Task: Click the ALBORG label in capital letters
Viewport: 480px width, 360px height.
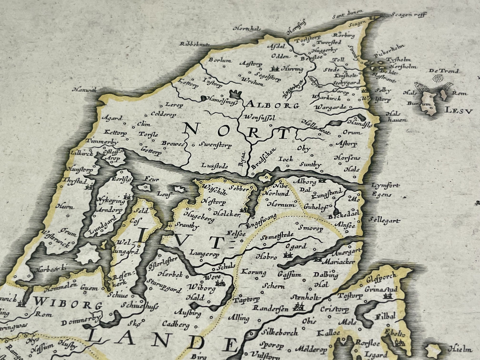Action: [273, 106]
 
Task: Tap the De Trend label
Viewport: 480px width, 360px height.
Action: [443, 71]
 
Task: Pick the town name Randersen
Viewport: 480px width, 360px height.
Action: [270, 308]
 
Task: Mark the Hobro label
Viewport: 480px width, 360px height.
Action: [266, 257]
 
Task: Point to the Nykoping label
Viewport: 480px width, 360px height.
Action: [111, 201]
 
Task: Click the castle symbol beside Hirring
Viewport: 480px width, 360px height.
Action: [275, 69]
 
